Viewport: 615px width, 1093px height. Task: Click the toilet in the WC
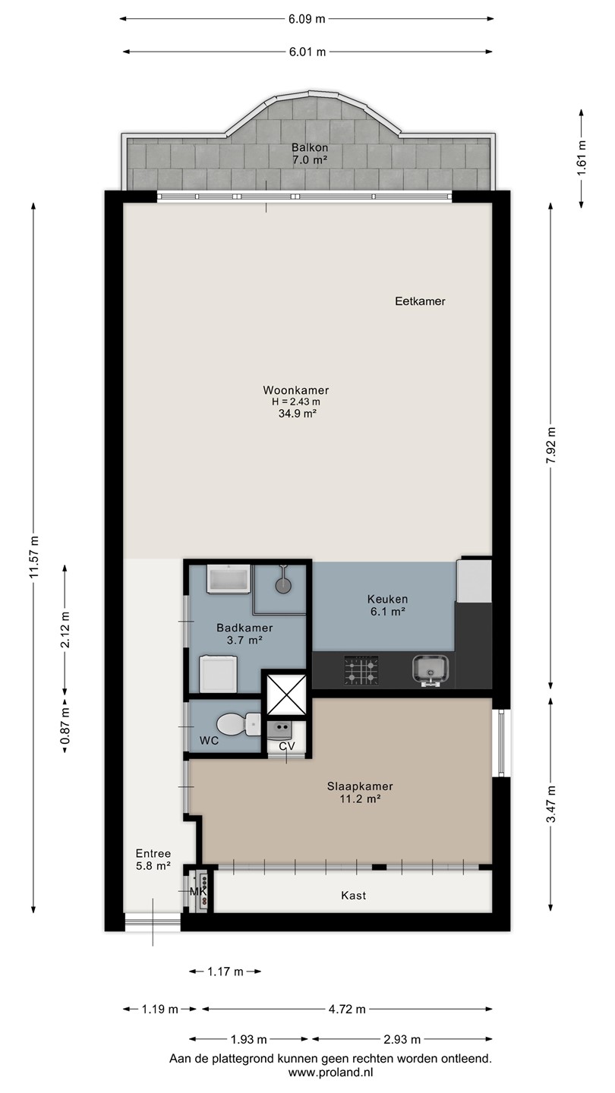click(238, 724)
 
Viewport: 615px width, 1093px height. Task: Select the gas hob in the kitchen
click(361, 670)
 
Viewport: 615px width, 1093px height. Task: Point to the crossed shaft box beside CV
click(286, 695)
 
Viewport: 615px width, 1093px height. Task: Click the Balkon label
click(310, 147)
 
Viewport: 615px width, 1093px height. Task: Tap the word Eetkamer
click(421, 301)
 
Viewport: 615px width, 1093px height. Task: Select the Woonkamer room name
click(296, 390)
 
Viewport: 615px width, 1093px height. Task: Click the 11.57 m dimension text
click(33, 557)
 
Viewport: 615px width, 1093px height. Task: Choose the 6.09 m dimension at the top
click(307, 19)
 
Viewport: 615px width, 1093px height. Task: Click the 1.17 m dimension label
click(225, 972)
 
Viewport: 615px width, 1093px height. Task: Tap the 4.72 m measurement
click(347, 1009)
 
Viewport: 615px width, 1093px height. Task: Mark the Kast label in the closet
click(353, 896)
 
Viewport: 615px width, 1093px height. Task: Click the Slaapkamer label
click(360, 786)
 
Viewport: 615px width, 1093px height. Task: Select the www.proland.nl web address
click(330, 1073)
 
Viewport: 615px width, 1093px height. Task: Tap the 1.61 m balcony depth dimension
click(582, 158)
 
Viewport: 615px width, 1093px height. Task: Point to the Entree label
click(153, 853)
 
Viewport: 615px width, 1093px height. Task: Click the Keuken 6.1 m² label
click(387, 605)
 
